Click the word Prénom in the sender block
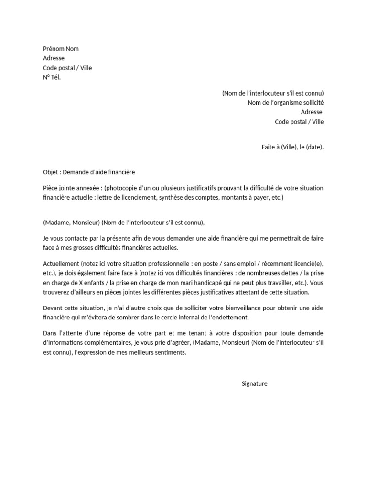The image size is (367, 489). click(x=54, y=49)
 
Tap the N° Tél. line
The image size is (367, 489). click(x=52, y=77)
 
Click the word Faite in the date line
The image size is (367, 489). click(x=269, y=147)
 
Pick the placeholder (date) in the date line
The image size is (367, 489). click(x=314, y=147)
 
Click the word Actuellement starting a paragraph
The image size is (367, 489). click(x=61, y=264)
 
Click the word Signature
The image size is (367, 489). click(x=255, y=383)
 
